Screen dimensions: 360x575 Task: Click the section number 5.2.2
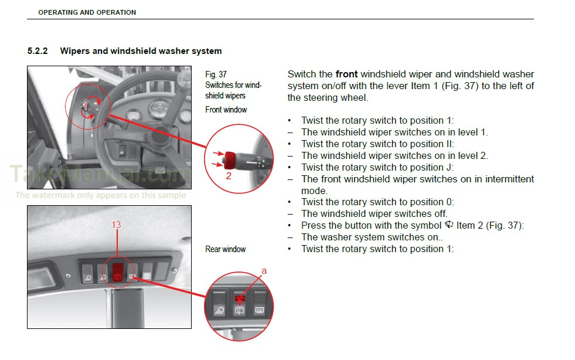point(37,51)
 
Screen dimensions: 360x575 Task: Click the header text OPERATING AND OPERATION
point(87,12)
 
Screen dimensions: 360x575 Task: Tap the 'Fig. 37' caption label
point(216,74)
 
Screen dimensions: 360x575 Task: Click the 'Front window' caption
point(226,110)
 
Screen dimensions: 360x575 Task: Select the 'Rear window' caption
point(225,249)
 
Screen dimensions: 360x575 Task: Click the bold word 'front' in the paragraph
point(346,74)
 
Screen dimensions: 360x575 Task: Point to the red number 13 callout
point(116,225)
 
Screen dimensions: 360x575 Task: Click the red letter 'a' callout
point(263,271)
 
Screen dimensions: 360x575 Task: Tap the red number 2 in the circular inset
point(229,174)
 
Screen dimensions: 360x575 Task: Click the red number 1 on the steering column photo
point(86,106)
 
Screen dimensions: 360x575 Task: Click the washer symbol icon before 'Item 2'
point(450,225)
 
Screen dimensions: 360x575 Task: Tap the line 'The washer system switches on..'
point(372,237)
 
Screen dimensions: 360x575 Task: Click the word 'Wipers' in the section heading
point(74,51)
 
